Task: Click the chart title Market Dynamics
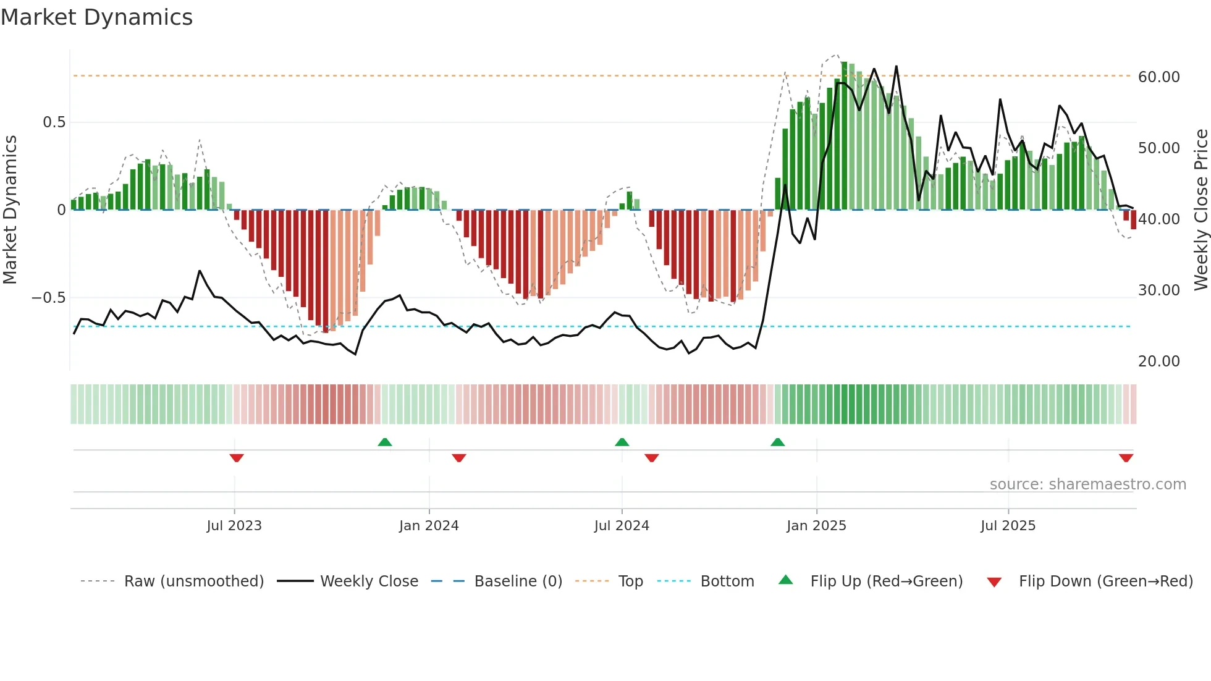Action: coord(96,17)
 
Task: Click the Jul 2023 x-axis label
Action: coord(234,526)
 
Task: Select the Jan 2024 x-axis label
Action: coord(429,526)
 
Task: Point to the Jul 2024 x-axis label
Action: coord(622,526)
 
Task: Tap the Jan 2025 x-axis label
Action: coord(816,526)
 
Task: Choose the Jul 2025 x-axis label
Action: coord(1008,526)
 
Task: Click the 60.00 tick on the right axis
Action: coord(1159,77)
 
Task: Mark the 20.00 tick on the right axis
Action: coord(1159,362)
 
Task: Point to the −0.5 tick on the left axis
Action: coord(49,298)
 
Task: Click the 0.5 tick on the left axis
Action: coord(54,122)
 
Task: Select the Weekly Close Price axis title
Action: coord(1200,210)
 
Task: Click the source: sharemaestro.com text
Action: coord(1087,484)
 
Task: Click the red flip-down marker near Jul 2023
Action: coord(237,458)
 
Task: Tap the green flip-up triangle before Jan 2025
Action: coord(778,442)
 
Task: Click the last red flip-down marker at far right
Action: coord(1126,458)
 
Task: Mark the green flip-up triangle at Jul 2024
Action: coord(622,442)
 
